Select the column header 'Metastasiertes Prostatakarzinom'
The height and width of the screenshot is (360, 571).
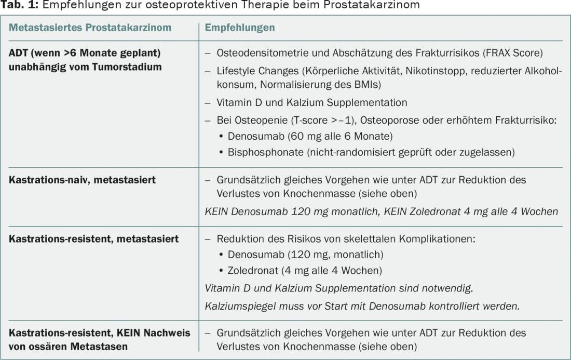[x=90, y=28]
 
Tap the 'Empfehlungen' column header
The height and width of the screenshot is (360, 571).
[x=240, y=28]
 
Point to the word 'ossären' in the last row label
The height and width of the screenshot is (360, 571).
[x=48, y=346]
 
